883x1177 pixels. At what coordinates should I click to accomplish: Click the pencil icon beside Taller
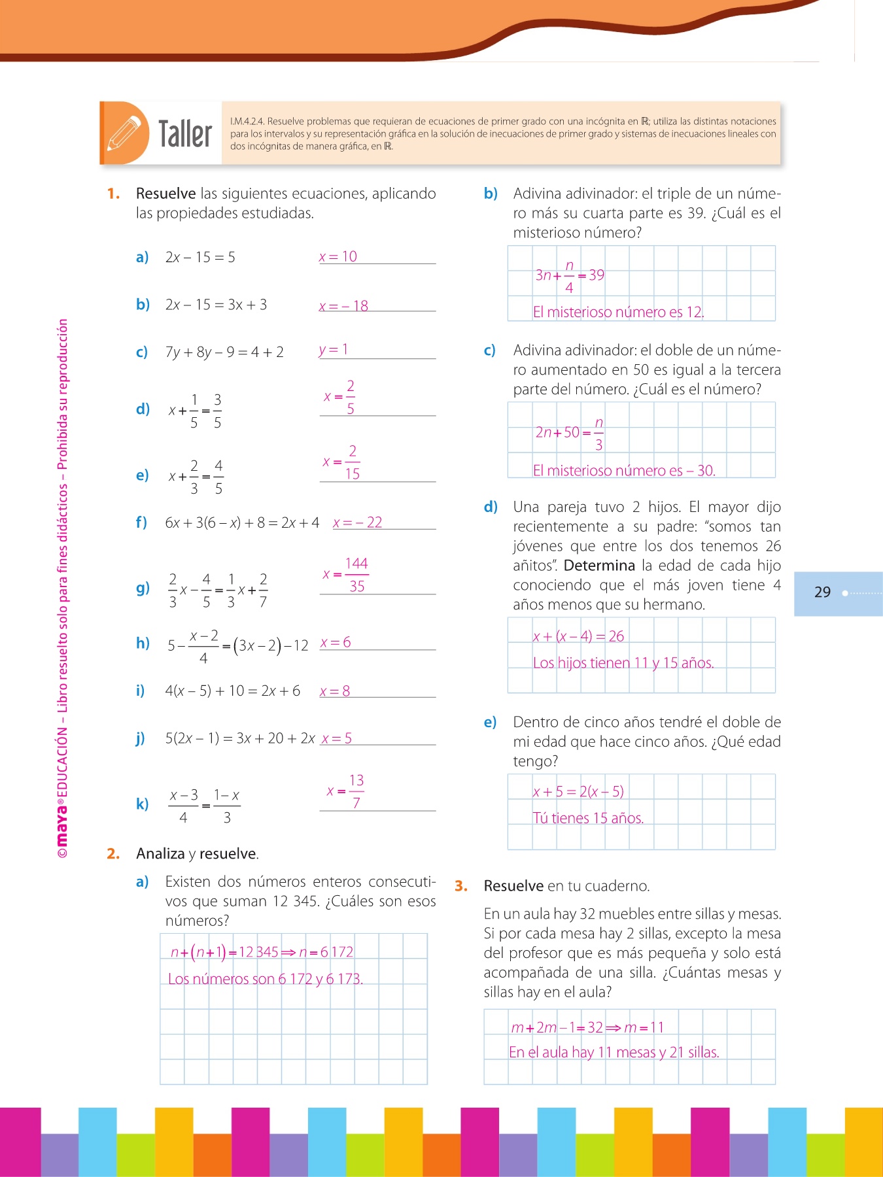pos(124,133)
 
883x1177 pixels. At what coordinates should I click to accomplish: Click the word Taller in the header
pos(185,134)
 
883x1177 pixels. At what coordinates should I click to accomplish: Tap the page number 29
pos(822,592)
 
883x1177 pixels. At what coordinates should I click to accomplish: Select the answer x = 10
pos(338,257)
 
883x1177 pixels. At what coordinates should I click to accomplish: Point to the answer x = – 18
pos(344,306)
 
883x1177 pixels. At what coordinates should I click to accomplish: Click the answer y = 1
pos(334,350)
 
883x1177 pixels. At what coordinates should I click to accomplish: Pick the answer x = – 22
pos(358,522)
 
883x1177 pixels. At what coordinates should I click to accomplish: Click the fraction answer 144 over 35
pos(356,575)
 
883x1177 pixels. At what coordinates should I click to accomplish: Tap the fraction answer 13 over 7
pos(355,791)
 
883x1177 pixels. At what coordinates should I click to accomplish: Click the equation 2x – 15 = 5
pos(200,258)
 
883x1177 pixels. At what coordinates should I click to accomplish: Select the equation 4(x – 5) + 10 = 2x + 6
pos(232,691)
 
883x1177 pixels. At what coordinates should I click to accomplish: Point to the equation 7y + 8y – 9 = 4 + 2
pos(224,352)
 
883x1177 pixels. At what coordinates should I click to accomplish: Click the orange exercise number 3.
pos(461,886)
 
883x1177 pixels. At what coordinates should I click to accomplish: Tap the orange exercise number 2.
pos(113,853)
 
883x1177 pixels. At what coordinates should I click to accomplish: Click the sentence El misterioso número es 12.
pos(618,313)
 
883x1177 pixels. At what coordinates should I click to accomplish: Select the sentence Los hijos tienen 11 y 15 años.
pos(623,663)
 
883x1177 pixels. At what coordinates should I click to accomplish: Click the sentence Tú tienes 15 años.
pos(588,818)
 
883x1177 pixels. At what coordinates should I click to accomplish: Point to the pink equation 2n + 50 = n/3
pos(569,432)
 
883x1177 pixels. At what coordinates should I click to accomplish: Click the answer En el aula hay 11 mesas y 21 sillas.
pos(614,1052)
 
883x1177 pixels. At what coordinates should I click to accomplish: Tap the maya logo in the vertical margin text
pos(62,827)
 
